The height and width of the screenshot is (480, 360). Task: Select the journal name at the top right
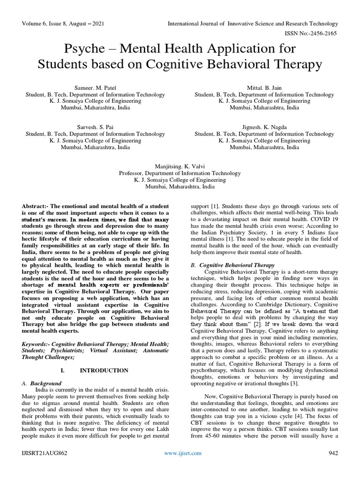(x=253, y=23)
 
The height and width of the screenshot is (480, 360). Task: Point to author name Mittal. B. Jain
(x=264, y=88)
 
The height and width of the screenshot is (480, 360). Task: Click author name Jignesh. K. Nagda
(x=264, y=127)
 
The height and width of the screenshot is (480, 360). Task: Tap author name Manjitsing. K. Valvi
(x=180, y=166)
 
